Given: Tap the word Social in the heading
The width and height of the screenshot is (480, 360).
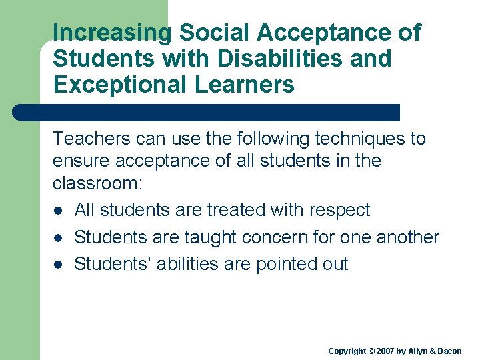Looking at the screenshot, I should [x=211, y=33].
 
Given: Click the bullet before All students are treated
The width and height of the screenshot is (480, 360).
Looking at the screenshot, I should [x=59, y=211].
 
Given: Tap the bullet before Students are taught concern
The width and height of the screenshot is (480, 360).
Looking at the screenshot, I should [x=59, y=238].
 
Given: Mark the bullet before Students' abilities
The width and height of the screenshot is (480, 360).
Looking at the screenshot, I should [x=59, y=265].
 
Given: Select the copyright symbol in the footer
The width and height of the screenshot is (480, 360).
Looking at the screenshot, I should [x=372, y=351].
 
